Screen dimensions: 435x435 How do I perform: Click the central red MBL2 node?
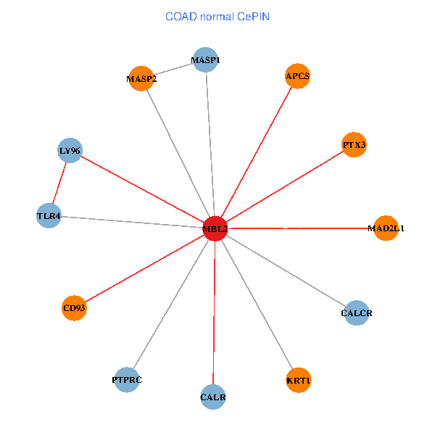pyautogui.click(x=215, y=228)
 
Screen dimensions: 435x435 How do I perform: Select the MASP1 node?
pyautogui.click(x=206, y=60)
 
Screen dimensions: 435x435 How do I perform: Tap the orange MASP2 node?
pyautogui.click(x=141, y=78)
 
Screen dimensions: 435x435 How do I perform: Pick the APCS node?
pyautogui.click(x=297, y=75)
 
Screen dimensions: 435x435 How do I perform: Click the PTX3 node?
pyautogui.click(x=355, y=145)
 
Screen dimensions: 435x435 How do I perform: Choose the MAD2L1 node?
pyautogui.click(x=386, y=228)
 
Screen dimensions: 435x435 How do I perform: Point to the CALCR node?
pyautogui.click(x=356, y=313)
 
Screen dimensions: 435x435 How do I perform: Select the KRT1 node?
pyautogui.click(x=299, y=380)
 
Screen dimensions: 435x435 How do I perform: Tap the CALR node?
pyautogui.click(x=213, y=397)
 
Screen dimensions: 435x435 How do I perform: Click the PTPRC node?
pyautogui.click(x=127, y=379)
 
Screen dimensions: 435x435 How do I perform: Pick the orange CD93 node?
pyautogui.click(x=74, y=307)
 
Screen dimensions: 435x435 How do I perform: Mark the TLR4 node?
pyautogui.click(x=49, y=215)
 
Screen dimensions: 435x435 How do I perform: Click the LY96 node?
pyautogui.click(x=70, y=151)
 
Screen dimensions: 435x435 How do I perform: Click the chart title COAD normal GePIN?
pyautogui.click(x=217, y=16)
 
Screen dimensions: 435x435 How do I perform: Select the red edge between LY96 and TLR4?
pyautogui.click(x=59, y=183)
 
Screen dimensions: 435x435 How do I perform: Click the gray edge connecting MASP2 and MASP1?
pyautogui.click(x=174, y=70)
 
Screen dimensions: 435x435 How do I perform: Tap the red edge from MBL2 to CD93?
pyautogui.click(x=145, y=268)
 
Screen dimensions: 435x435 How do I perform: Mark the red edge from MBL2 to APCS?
pyautogui.click(x=257, y=152)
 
